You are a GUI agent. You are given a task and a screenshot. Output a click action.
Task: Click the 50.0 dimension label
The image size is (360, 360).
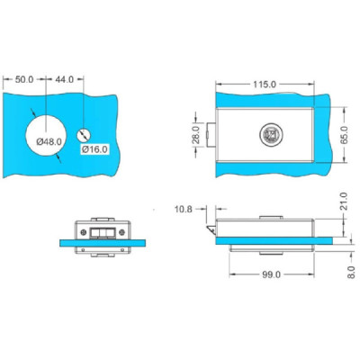24,80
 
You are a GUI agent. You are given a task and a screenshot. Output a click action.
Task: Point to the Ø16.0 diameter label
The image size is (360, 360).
94,148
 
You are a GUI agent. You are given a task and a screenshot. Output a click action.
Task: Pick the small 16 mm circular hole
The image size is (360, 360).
84,134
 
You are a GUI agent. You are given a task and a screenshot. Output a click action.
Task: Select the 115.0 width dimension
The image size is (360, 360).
265,84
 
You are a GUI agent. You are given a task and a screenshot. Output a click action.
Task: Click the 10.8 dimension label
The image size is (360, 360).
183,209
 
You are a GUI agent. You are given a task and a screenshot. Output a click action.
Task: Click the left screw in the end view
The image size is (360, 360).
85,231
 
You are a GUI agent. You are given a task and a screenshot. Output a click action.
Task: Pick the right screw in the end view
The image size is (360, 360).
126,231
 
